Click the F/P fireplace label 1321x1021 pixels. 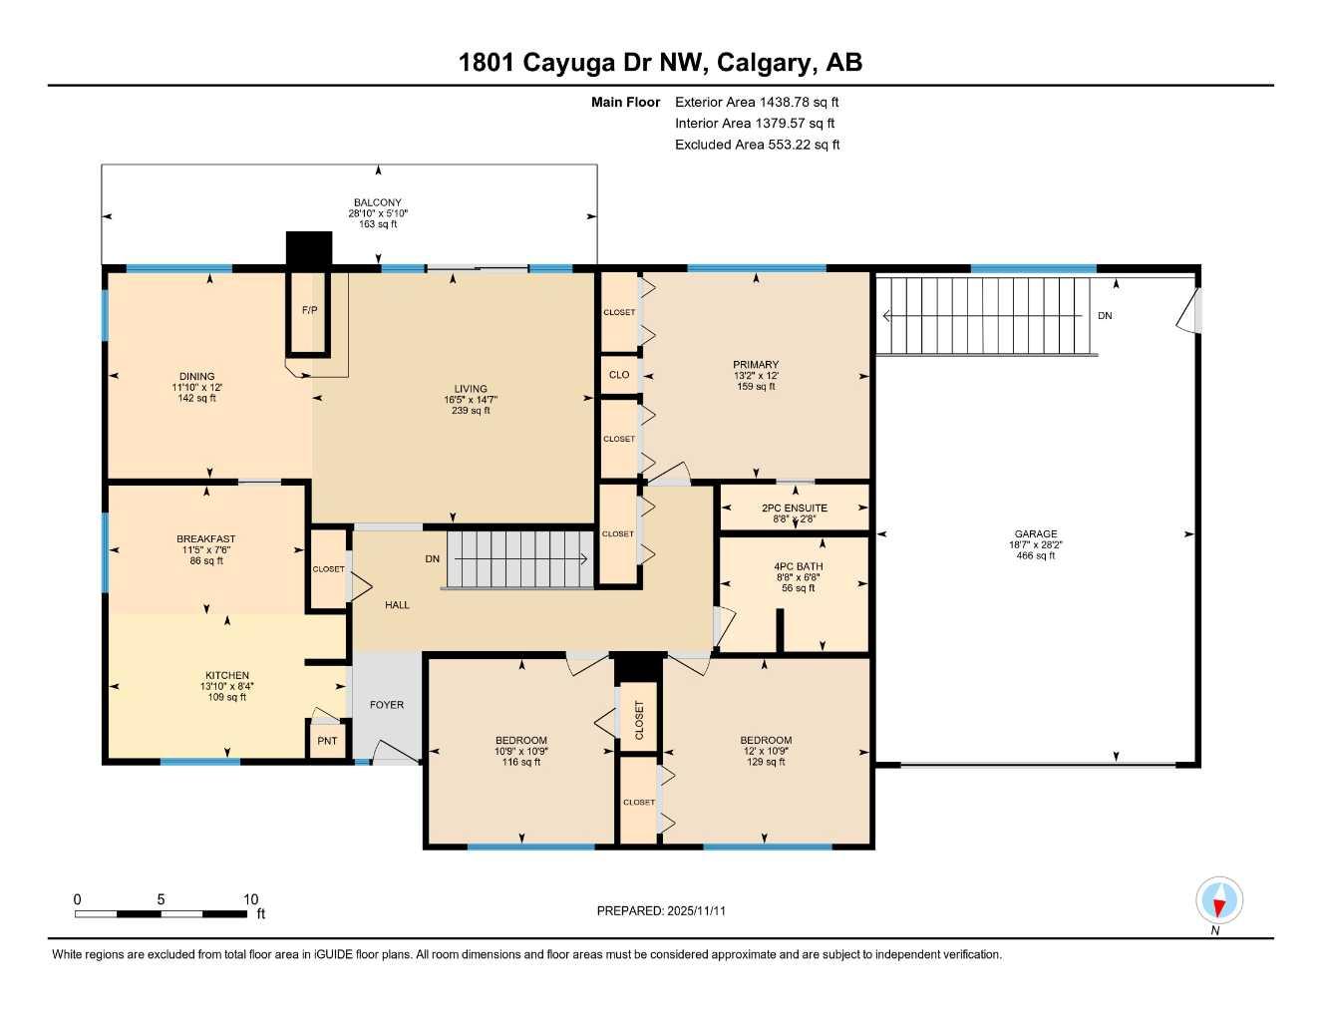click(310, 310)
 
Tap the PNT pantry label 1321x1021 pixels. click(327, 741)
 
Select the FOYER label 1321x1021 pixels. click(387, 705)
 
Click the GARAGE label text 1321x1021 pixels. click(1036, 534)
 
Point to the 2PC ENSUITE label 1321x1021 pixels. click(795, 509)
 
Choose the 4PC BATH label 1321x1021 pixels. click(799, 566)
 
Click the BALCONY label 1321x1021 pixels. click(378, 202)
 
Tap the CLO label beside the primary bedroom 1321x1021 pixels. click(619, 375)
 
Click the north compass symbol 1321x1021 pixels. click(1218, 901)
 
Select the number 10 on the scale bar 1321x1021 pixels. click(251, 899)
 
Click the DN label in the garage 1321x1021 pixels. click(1105, 316)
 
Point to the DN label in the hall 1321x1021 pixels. click(433, 559)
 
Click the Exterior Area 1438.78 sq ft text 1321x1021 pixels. click(757, 102)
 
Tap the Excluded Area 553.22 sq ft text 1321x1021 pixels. click(757, 145)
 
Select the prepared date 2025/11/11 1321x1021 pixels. click(697, 911)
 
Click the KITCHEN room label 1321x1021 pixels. click(227, 676)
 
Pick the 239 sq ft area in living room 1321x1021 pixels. click(471, 411)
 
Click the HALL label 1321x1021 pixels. click(397, 605)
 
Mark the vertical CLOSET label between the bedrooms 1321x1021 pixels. click(639, 720)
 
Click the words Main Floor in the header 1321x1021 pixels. click(625, 102)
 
